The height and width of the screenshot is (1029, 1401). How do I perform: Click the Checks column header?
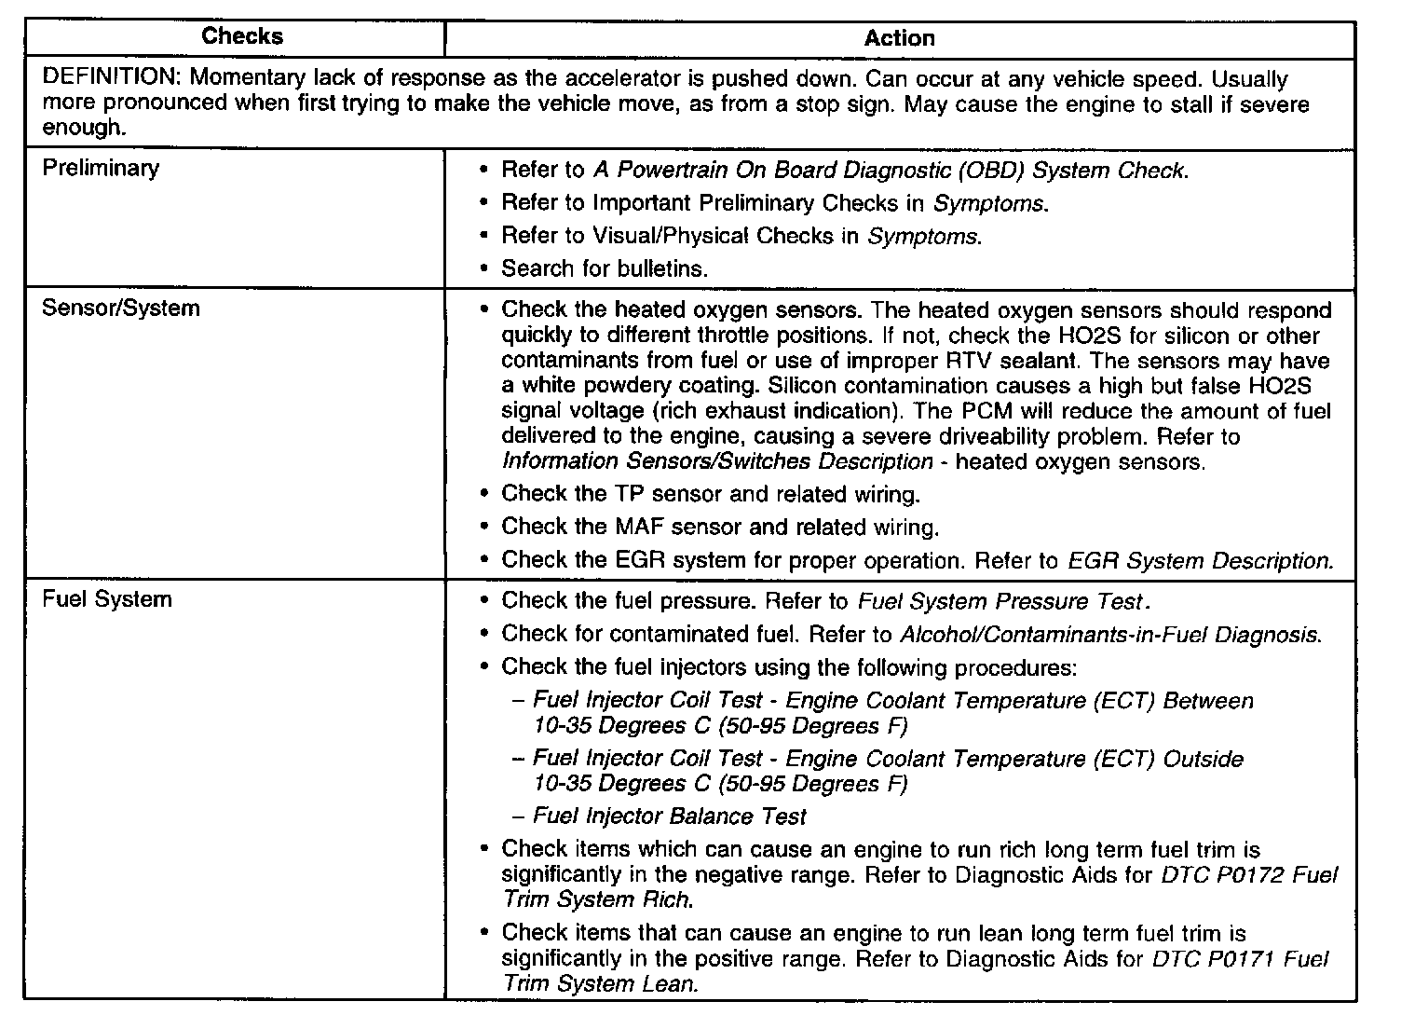coord(242,36)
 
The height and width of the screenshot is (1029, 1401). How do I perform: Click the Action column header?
coord(899,38)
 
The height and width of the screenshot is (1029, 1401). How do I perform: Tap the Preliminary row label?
coord(101,168)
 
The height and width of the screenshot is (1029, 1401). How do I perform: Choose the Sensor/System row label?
coord(121,308)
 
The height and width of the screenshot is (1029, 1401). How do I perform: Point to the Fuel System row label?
coord(107,598)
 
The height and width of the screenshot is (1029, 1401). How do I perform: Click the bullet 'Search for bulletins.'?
coord(605,268)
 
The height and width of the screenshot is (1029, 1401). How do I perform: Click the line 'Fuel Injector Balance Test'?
coord(670,816)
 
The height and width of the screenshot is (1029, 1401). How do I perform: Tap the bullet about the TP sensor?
coord(711,494)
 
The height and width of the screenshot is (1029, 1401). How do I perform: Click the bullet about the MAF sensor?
coord(720,528)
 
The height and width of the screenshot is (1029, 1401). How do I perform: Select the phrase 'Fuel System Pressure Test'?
coord(1002,601)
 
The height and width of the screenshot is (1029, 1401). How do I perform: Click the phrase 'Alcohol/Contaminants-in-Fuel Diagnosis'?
coord(1109,635)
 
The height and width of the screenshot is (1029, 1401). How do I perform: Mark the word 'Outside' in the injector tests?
coord(1203,760)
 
